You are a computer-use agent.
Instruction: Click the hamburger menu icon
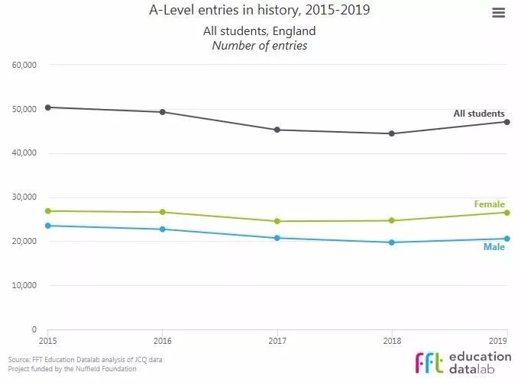tap(498, 12)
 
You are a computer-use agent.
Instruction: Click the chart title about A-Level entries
tap(259, 11)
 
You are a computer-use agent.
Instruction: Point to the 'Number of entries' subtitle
tap(259, 46)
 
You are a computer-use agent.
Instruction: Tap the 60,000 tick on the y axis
tap(25, 65)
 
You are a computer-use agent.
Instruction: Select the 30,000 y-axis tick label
tap(25, 197)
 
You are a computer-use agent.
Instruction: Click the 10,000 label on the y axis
tap(25, 286)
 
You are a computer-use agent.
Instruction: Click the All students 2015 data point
tap(47, 107)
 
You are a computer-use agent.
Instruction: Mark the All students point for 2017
tap(277, 130)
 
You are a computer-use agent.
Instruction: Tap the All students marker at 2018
tap(392, 133)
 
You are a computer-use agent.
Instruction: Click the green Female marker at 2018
tap(392, 220)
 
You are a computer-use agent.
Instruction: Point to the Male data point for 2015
tap(47, 226)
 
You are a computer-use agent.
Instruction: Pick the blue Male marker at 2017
tap(277, 238)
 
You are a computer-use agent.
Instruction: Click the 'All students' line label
tap(479, 114)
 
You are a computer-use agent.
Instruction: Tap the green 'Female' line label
tap(489, 204)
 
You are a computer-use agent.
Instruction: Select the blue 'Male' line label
tap(493, 247)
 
